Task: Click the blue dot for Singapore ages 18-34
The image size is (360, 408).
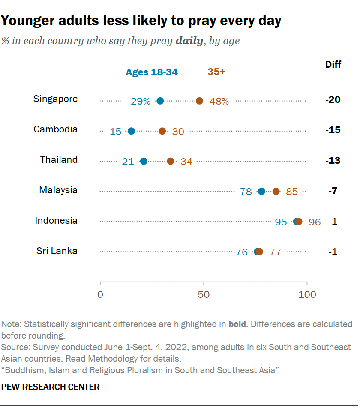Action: [160, 101]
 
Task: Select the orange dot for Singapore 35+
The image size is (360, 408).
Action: [199, 101]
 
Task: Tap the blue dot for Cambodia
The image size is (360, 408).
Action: [131, 131]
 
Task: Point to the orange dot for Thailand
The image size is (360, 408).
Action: [171, 161]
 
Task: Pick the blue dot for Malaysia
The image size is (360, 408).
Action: [261, 191]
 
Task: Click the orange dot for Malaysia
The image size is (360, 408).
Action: [276, 191]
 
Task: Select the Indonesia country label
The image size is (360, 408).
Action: [56, 221]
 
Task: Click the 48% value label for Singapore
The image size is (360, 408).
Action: [219, 102]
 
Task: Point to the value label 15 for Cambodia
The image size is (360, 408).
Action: [115, 132]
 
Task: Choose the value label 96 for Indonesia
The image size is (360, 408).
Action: [315, 222]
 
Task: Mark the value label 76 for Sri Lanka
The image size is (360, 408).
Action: [242, 252]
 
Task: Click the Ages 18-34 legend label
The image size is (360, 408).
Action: [152, 72]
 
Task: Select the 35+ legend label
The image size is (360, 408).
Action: [216, 72]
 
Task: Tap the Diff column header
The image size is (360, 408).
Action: [333, 65]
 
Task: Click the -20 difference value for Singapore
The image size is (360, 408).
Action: [333, 100]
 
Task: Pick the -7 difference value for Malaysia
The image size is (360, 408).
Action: [333, 191]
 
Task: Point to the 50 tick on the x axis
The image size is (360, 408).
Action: [204, 295]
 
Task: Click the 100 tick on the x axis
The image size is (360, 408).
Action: [307, 295]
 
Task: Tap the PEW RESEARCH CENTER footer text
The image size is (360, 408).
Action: [51, 387]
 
